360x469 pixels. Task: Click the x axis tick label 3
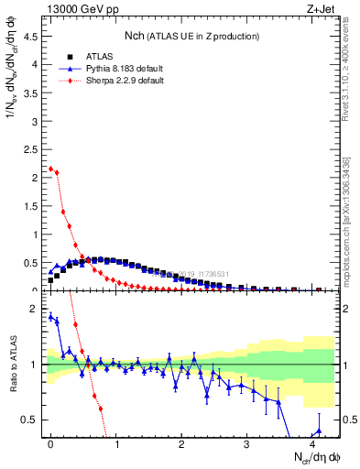(x=246, y=443)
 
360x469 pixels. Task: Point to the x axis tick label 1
(x=115, y=443)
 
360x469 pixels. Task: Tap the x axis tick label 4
(x=311, y=443)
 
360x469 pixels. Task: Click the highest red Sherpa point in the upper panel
(x=50, y=169)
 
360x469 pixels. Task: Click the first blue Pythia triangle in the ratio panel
(x=50, y=316)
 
